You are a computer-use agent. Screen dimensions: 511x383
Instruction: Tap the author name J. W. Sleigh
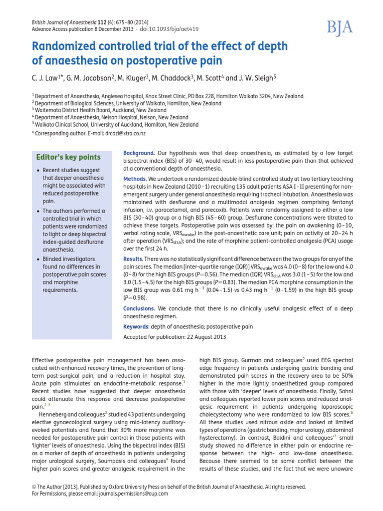[257, 78]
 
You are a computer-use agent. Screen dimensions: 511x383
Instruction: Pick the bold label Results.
[133, 258]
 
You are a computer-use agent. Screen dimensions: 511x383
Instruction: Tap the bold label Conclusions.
[139, 309]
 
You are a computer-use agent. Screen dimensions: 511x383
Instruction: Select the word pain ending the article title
[210, 62]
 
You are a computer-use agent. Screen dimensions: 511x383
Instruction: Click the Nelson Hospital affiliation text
[115, 118]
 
